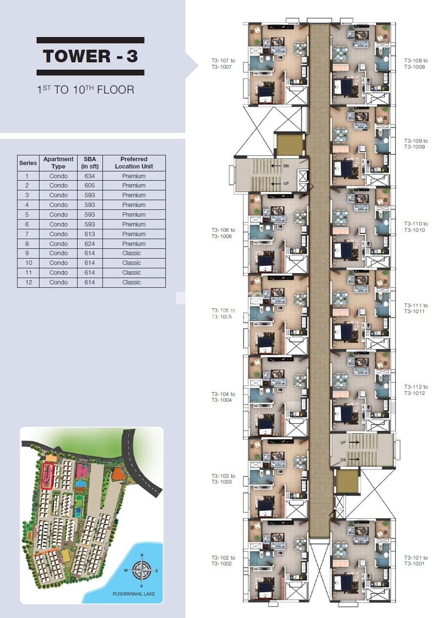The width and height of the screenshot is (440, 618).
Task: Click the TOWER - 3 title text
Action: (x=90, y=56)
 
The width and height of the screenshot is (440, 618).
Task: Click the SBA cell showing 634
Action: (x=90, y=176)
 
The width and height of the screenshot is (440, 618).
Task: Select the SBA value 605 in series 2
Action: (x=90, y=186)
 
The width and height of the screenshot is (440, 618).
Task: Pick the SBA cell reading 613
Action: (x=90, y=234)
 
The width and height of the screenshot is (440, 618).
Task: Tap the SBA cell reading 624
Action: (x=90, y=244)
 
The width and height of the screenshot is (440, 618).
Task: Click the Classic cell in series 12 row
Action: (x=132, y=282)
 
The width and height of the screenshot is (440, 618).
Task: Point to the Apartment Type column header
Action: (x=59, y=163)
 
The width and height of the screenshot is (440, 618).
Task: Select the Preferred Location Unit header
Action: (x=134, y=163)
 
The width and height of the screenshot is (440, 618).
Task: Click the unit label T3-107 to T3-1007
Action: (x=223, y=64)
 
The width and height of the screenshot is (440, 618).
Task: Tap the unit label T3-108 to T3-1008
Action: (x=416, y=64)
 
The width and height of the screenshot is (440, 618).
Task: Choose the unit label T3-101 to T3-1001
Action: (x=416, y=561)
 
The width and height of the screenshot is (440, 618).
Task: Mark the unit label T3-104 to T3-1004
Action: (x=223, y=397)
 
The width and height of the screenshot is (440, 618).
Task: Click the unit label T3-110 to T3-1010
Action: (x=416, y=227)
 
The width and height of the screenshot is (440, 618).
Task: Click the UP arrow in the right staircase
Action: (x=354, y=442)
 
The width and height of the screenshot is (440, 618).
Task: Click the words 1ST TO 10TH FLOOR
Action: (x=86, y=90)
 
